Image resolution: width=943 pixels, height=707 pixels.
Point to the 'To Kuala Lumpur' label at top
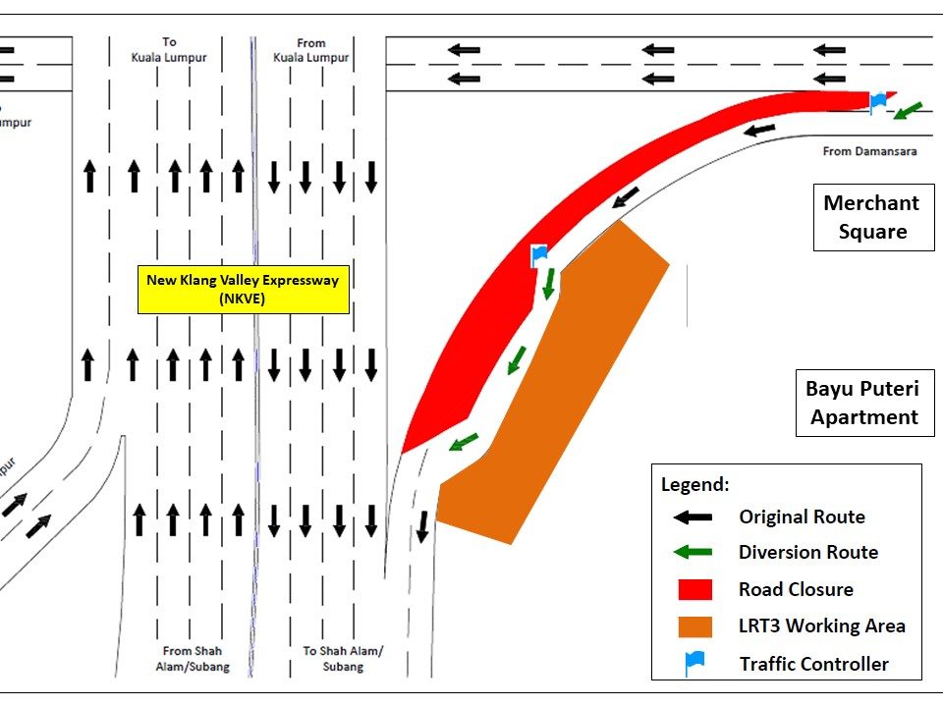(169, 50)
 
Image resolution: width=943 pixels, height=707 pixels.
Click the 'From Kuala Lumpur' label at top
(310, 50)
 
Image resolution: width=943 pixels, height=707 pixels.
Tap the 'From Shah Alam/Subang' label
(193, 659)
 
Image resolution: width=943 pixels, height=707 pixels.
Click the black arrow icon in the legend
(694, 517)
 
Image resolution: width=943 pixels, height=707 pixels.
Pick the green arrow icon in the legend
(694, 552)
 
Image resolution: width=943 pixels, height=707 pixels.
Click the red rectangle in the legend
(694, 589)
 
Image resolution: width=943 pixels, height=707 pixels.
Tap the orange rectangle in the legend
(694, 625)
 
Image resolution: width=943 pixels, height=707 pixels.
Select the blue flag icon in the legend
(694, 663)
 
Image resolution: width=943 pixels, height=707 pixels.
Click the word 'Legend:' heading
(695, 484)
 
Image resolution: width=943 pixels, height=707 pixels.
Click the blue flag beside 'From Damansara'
(878, 100)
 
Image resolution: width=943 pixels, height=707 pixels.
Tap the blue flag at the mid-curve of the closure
(538, 255)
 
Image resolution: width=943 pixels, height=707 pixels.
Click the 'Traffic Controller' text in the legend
(813, 664)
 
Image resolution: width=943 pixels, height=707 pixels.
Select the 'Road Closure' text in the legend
(796, 589)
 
